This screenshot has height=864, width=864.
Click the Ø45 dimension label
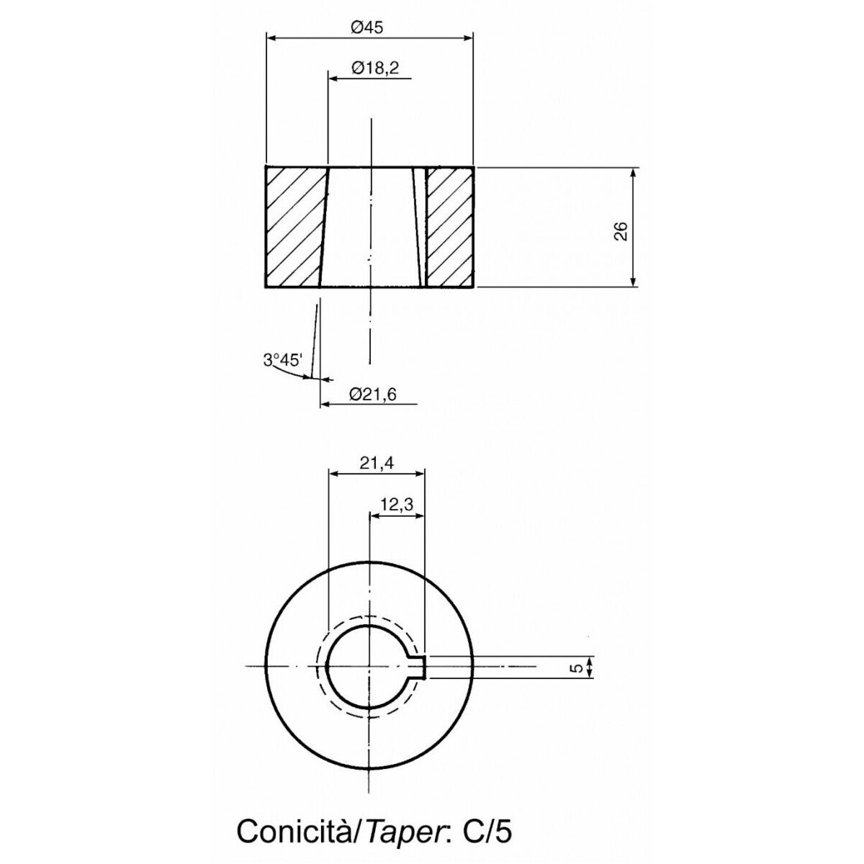pos(368,28)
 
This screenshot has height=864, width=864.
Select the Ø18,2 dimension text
pos(375,68)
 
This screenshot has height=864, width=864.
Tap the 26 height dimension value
pos(621,231)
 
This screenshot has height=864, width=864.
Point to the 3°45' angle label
pos(282,359)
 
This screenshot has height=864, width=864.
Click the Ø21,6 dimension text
pos(373,394)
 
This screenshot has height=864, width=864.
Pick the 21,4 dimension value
pos(376,463)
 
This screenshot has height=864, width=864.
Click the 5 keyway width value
pos(578,680)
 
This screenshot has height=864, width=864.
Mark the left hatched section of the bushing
pos(296,227)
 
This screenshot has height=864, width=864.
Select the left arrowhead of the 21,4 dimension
pos(335,474)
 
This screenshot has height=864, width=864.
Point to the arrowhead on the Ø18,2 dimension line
pos(335,78)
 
